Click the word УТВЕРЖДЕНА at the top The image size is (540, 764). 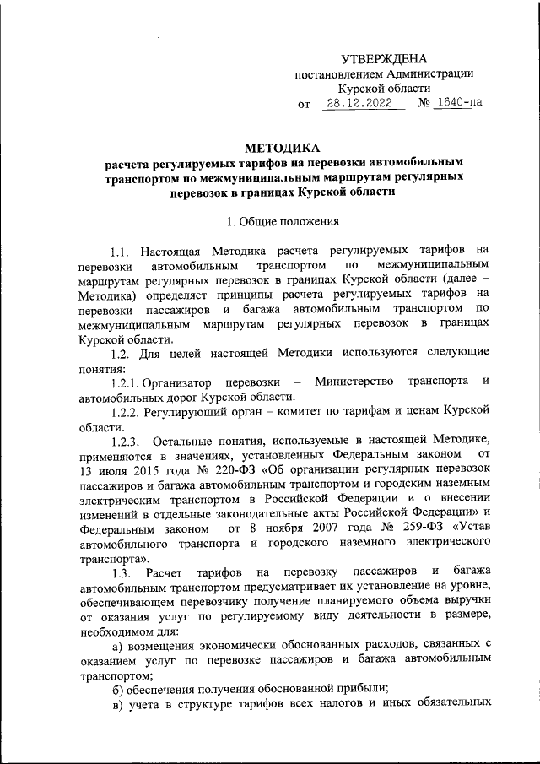coord(384,58)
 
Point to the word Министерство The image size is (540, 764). coord(354,382)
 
